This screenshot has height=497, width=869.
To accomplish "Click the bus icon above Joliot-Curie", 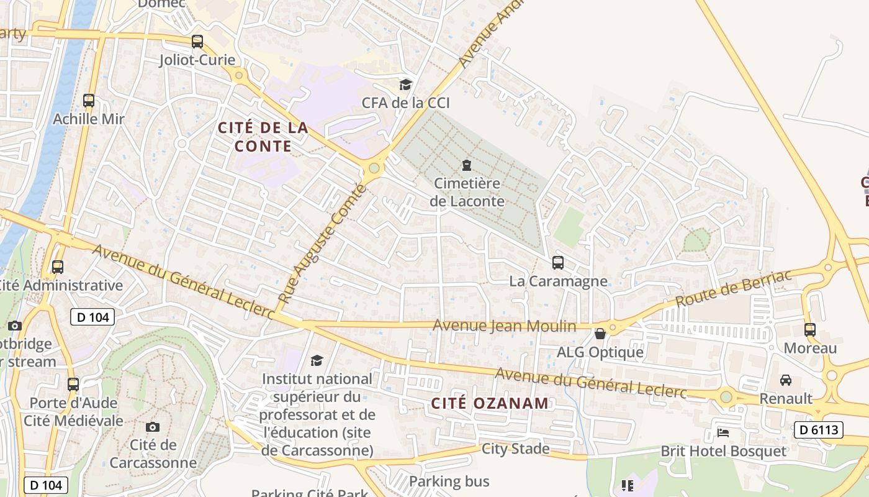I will [x=197, y=42].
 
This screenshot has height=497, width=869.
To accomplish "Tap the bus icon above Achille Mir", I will [x=89, y=101].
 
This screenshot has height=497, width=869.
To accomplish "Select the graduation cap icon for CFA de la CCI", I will [x=405, y=84].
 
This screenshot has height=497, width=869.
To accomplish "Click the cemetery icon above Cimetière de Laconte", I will [x=466, y=165].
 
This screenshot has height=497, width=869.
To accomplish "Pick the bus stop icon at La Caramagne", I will [x=558, y=263].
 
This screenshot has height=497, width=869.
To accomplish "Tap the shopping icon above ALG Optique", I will [x=600, y=334].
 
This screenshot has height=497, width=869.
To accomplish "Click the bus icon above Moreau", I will [x=810, y=330].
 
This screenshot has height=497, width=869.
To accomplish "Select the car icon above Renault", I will [x=786, y=380].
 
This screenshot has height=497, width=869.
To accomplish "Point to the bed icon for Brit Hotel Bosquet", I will [x=723, y=432].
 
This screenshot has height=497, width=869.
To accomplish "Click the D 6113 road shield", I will [x=819, y=429].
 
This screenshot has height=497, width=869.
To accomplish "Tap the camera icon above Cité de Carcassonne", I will [x=153, y=427].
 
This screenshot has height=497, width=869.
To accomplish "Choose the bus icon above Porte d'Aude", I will [x=73, y=385].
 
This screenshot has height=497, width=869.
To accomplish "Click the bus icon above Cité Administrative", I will [x=58, y=267].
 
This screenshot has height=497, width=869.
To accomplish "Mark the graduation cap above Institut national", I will [x=317, y=360].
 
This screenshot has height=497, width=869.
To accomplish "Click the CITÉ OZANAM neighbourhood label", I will [x=490, y=403].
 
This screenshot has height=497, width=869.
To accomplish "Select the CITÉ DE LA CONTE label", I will [x=263, y=137].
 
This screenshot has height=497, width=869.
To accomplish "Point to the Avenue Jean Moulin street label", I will [x=504, y=326].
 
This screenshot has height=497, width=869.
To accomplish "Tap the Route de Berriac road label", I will [x=734, y=290].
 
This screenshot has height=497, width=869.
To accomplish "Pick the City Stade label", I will [x=516, y=449].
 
